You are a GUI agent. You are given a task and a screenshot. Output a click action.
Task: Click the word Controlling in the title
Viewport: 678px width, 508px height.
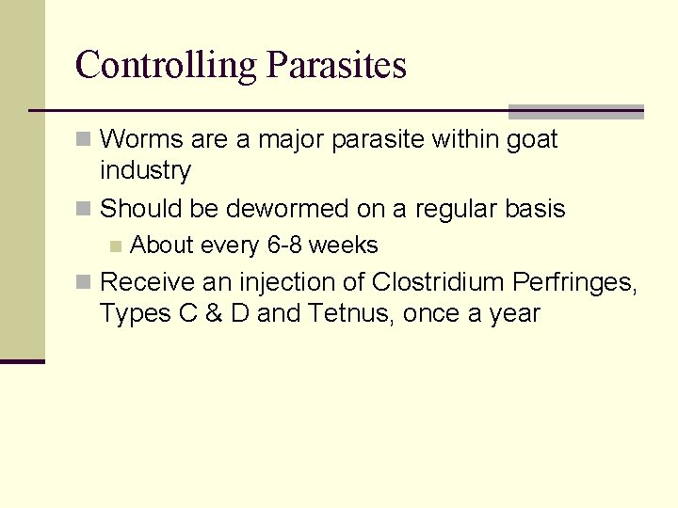[166, 65]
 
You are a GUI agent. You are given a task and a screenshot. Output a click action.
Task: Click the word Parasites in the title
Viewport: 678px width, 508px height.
[336, 65]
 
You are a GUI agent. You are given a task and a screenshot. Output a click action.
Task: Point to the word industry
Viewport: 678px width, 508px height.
[145, 170]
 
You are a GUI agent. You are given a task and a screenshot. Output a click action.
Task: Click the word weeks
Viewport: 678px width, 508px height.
[344, 246]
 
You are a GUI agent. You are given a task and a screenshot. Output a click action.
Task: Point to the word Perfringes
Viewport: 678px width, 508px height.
[574, 282]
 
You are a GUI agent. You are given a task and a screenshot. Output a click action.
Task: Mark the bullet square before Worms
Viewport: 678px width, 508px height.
[84, 140]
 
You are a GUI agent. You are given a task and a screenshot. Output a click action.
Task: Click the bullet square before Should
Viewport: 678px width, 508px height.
[84, 208]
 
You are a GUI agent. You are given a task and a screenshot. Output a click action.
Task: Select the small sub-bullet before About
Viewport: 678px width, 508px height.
[115, 246]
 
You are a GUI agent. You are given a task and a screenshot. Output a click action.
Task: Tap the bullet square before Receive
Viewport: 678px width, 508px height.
[84, 282]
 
